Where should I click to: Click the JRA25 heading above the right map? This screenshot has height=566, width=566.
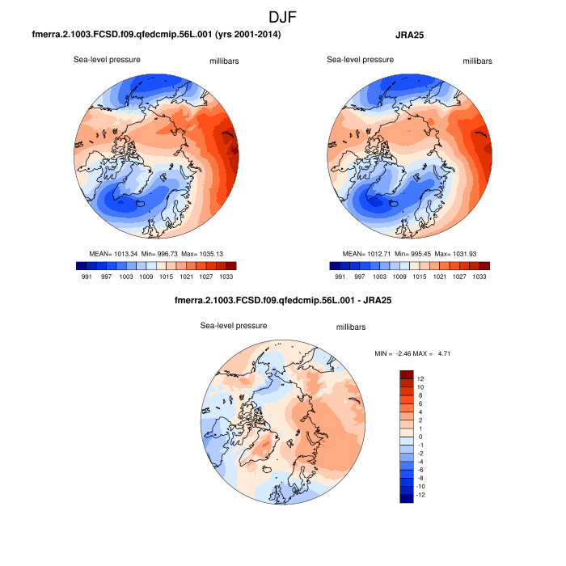pos(412,36)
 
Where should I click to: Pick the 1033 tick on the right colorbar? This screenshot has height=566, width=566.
pos(479,277)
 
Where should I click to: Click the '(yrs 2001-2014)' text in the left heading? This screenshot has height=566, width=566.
pos(243,36)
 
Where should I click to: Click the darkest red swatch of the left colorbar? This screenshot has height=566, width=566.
pos(230,265)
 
